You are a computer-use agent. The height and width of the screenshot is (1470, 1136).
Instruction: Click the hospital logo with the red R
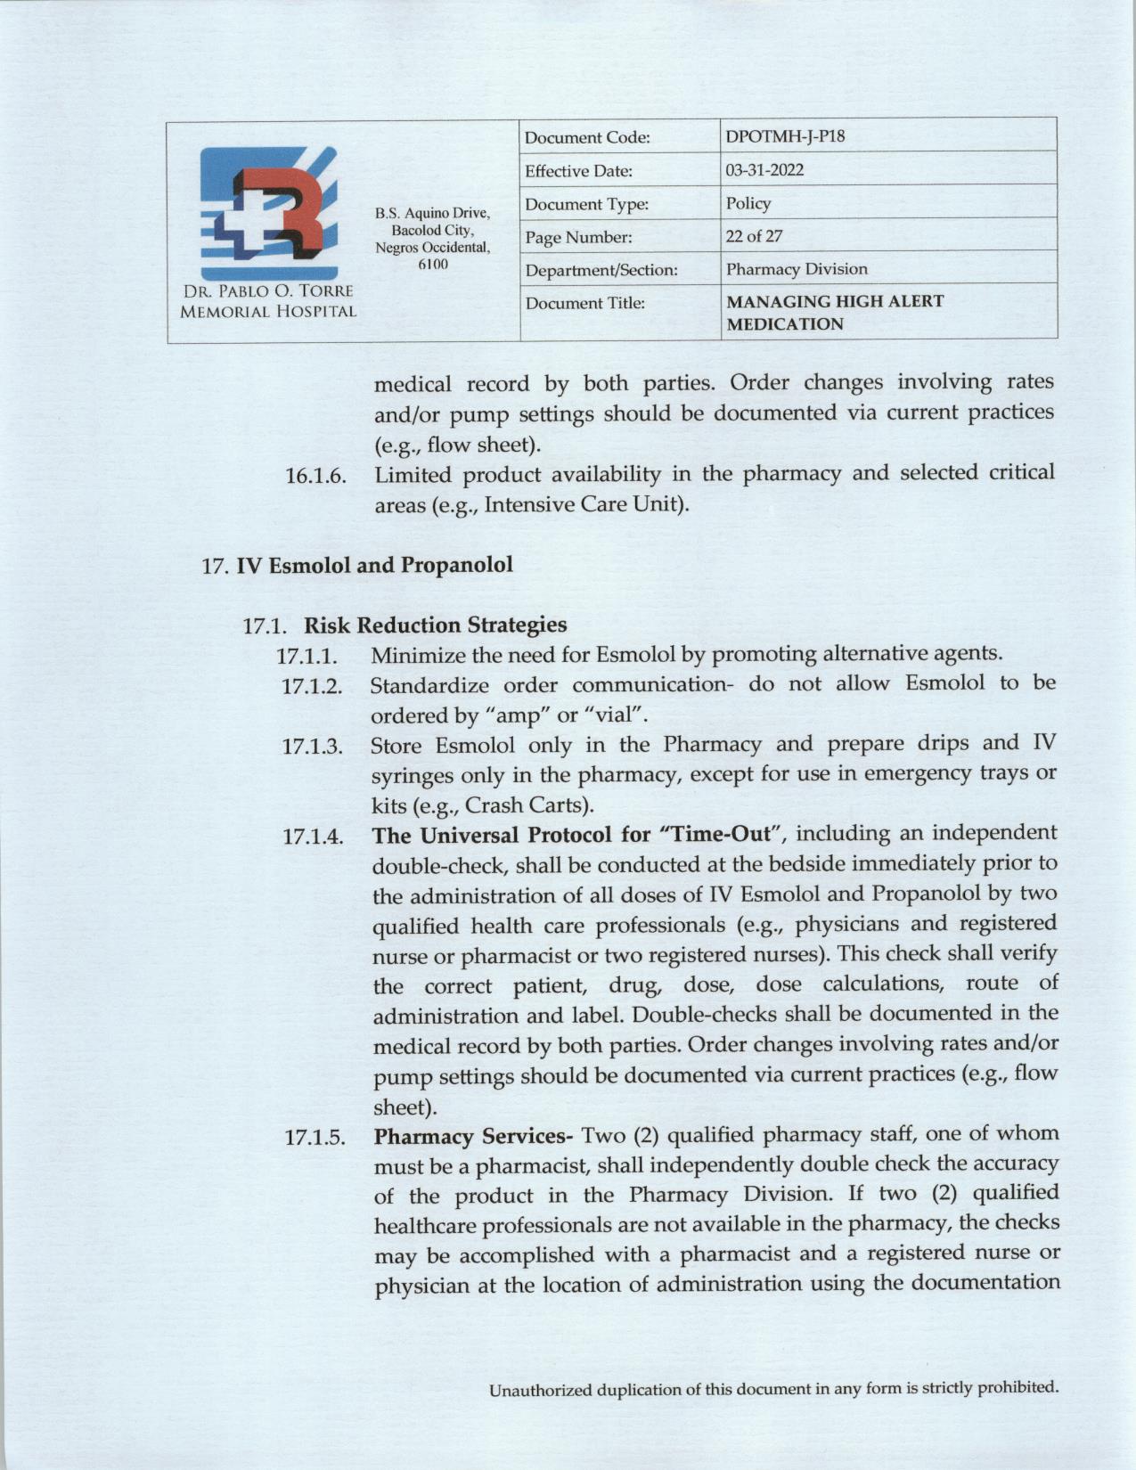268,214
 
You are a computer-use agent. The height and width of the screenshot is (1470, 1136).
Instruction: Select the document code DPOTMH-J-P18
785,136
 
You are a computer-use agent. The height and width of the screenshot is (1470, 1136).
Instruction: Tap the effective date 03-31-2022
764,170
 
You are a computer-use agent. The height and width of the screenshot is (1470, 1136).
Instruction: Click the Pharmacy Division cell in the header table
796,269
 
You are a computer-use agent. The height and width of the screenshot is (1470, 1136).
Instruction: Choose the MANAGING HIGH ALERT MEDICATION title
834,313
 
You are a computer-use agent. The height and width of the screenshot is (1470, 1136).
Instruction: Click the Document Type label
586,205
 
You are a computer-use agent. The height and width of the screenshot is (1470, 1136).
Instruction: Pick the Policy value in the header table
748,203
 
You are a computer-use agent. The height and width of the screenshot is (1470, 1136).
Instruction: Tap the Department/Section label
601,270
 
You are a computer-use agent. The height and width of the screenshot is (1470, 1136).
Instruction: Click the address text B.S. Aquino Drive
432,214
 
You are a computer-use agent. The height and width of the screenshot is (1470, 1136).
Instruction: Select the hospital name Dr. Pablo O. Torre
268,291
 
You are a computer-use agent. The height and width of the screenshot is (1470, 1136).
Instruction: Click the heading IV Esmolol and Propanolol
373,565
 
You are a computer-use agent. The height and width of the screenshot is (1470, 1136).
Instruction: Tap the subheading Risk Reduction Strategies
435,625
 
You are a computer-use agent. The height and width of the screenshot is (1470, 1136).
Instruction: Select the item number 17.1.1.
307,657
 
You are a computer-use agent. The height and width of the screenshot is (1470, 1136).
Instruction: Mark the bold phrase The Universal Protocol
490,836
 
